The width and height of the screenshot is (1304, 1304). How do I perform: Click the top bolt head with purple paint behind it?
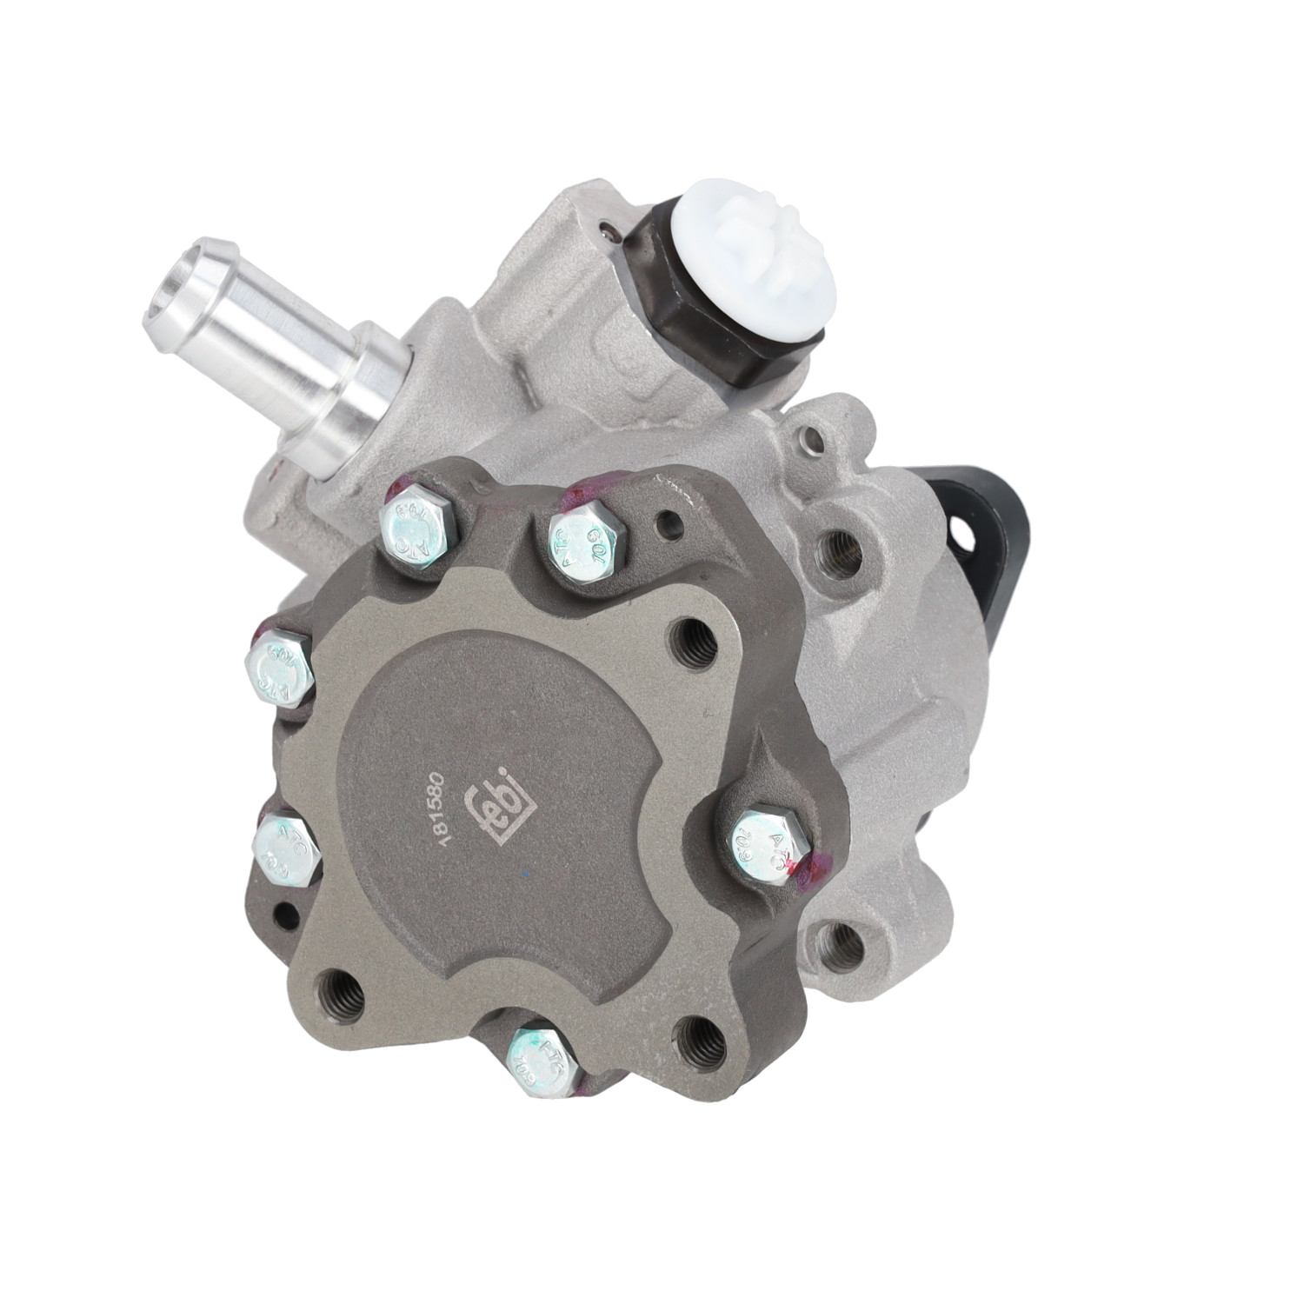tap(587, 544)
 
